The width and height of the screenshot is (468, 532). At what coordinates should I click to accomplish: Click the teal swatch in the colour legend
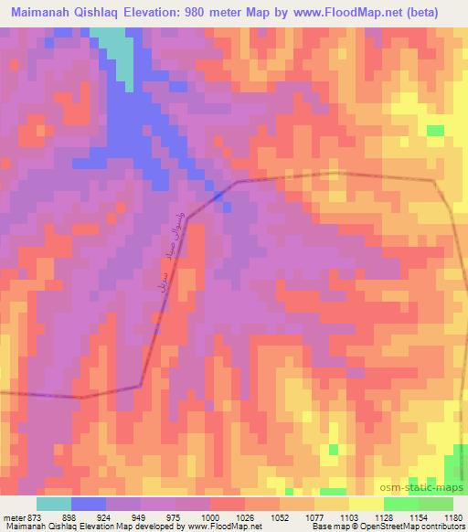tap(54, 504)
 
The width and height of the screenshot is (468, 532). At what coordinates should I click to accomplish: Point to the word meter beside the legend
tap(15, 517)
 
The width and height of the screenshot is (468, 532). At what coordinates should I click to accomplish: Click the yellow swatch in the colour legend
tap(366, 504)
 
